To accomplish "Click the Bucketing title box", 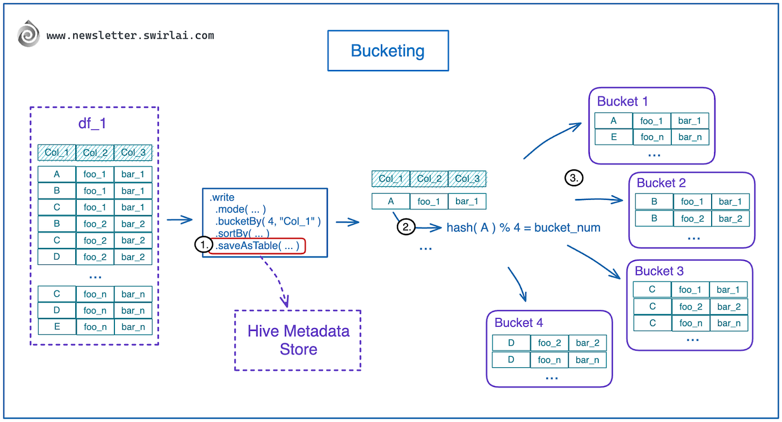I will tap(388, 51).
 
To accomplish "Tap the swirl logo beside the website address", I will tap(28, 35).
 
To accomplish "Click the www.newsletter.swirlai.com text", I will tap(130, 36).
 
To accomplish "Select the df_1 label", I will tap(92, 123).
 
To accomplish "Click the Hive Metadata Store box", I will tap(298, 340).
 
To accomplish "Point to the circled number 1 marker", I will tap(202, 245).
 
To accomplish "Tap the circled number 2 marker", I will tap(406, 227).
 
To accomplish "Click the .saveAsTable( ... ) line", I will tap(257, 246).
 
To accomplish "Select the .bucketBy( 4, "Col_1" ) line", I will tap(267, 221).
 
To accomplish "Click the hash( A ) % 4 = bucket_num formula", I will tap(523, 228).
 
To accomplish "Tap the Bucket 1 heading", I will tap(622, 102).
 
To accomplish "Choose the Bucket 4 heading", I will tap(519, 323).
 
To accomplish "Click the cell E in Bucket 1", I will tap(613, 137).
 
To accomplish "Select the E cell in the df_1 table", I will tap(57, 327).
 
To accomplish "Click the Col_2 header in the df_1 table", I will tap(95, 153).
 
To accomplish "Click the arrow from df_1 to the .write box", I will tap(180, 219).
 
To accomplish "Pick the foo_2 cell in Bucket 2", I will tap(692, 219).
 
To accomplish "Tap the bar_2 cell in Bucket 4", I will tap(587, 343).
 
